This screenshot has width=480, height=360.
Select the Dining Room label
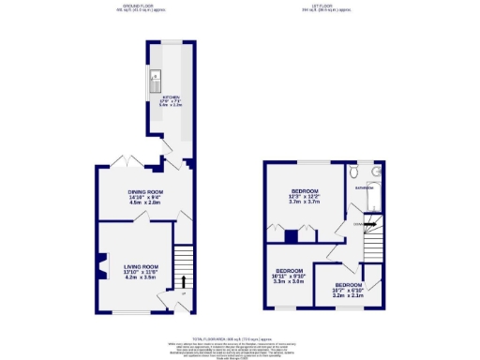[145, 191]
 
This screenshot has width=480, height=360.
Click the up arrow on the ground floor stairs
[184, 280]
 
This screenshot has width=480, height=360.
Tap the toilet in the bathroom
[352, 172]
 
